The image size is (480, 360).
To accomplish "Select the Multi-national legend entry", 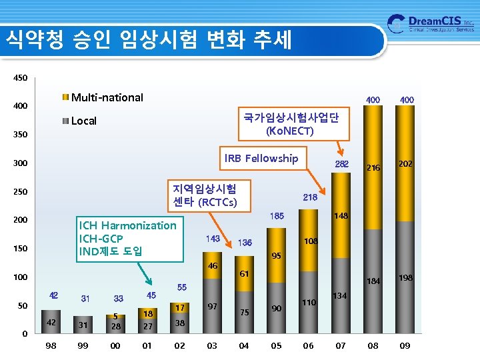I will pos(107,97).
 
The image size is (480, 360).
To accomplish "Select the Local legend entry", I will pos(83,121).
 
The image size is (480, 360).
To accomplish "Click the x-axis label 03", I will pos(212,345).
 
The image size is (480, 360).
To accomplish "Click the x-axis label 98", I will pos(51,345).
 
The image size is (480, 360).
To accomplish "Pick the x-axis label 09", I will pos(405,345).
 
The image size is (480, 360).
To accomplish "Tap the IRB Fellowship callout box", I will pos(261,158).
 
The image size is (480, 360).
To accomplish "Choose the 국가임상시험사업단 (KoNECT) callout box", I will pos(291,123).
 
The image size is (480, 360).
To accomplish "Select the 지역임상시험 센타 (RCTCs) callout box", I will pos(203,193).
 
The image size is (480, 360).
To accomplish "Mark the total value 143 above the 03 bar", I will pos(213,238).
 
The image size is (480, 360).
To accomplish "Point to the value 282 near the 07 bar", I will pos(341,164).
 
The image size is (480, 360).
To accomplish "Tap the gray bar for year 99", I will pos(83,325).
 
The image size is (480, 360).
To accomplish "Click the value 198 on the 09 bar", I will pos(405,277).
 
